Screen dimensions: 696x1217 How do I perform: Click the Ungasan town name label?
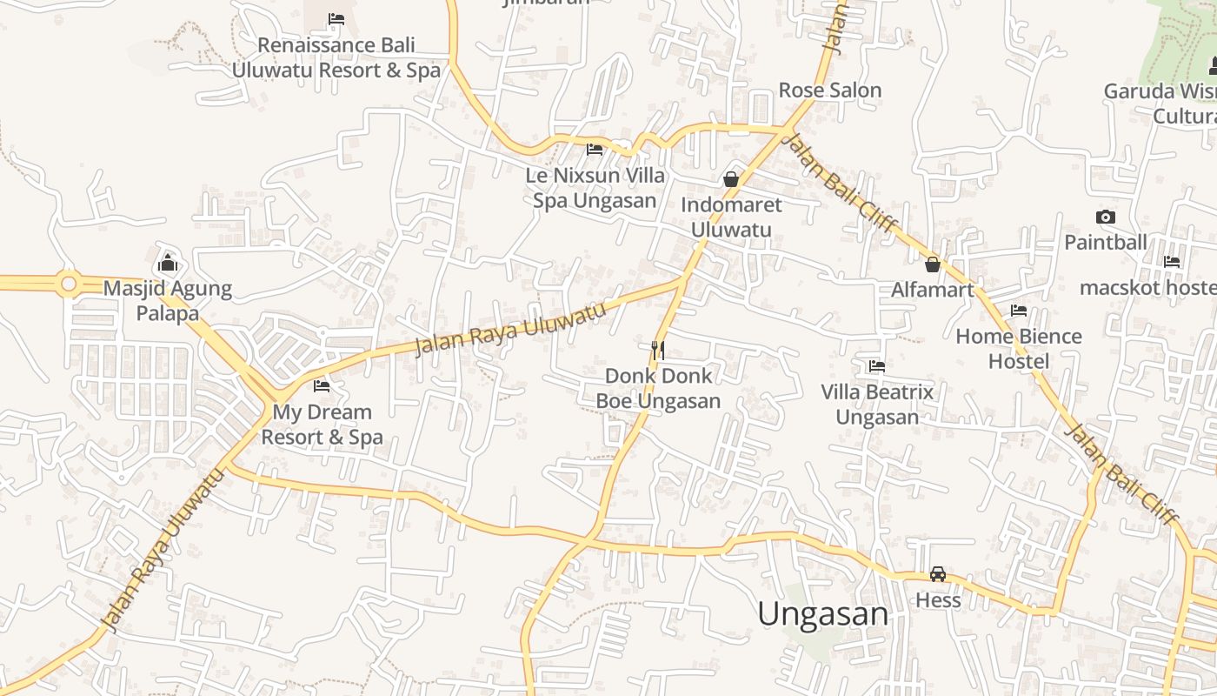tap(822, 614)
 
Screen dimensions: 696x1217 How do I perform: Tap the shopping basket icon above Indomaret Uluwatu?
tap(731, 179)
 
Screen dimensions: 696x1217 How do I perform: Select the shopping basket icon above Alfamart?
tap(933, 264)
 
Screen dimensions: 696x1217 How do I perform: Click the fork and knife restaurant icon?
tap(658, 350)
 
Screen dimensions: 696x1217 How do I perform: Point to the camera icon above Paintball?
tap(1106, 217)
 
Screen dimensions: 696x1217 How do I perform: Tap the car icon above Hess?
tap(938, 574)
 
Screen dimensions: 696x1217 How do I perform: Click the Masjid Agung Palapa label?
tap(168, 301)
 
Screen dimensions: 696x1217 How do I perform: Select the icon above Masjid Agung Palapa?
tap(168, 263)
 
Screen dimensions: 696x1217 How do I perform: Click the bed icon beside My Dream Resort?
tap(322, 385)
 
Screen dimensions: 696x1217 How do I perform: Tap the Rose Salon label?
tap(829, 90)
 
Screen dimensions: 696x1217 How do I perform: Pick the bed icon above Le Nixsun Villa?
tap(595, 150)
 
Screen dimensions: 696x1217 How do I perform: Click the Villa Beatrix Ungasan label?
tap(877, 405)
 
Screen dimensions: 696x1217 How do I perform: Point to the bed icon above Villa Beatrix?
tap(877, 366)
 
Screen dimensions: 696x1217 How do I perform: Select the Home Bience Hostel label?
tap(1019, 349)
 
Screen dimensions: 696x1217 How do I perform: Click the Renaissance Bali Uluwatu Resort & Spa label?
tap(336, 57)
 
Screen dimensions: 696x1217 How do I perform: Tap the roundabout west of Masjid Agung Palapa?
tap(68, 284)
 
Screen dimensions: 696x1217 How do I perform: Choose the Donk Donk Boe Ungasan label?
tap(658, 388)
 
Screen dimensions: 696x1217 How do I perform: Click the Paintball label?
tap(1106, 243)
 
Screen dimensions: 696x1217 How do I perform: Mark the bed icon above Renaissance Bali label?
tap(336, 19)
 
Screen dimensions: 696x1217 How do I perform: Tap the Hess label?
tap(938, 600)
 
